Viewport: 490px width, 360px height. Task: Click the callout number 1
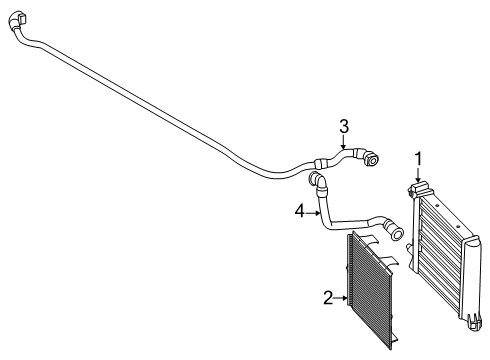click(x=418, y=159)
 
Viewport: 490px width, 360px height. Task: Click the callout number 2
click(x=328, y=298)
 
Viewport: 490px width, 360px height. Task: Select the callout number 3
click(x=344, y=127)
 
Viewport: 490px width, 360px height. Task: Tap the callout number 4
click(x=300, y=211)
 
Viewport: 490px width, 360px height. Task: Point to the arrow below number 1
click(x=418, y=175)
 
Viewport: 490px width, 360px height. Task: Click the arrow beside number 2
click(x=341, y=298)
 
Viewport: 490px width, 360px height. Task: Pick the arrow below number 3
click(x=344, y=142)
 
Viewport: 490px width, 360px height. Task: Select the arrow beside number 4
click(x=313, y=213)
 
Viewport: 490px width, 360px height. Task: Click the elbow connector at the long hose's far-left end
click(x=18, y=20)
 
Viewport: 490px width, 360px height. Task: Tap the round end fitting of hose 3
click(x=371, y=159)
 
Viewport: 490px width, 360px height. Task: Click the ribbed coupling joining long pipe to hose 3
click(x=320, y=163)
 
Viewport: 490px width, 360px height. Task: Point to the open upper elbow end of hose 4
click(x=316, y=179)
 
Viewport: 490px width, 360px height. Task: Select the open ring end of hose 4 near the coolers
click(x=397, y=233)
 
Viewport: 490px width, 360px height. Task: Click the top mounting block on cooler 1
click(x=421, y=189)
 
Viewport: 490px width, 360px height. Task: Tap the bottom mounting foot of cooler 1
click(x=475, y=323)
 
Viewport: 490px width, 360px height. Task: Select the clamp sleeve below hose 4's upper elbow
click(x=322, y=192)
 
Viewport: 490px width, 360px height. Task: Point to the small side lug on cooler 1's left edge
click(x=409, y=248)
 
